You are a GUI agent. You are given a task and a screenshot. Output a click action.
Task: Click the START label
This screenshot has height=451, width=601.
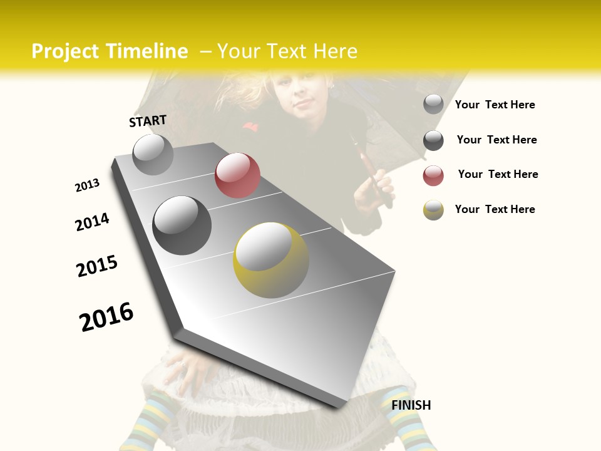pos(148,121)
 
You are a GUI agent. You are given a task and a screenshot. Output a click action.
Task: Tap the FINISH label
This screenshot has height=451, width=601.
pos(411,405)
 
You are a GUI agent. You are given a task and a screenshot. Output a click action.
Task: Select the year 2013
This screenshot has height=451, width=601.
pos(87,185)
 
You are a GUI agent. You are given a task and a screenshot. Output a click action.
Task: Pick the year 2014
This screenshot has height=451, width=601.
pos(92,222)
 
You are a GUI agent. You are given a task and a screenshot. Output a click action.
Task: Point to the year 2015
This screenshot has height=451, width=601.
pos(97,266)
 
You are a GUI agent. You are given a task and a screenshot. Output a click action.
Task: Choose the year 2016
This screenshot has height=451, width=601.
pos(106,316)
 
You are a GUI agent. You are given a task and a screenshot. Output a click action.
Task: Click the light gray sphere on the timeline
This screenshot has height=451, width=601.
pos(153,154)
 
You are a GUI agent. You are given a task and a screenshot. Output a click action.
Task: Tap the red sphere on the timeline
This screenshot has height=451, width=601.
pos(237,175)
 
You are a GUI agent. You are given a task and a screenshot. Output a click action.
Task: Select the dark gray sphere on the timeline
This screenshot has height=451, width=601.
pos(182,225)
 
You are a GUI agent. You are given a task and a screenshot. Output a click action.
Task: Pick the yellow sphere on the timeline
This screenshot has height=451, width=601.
pos(271,260)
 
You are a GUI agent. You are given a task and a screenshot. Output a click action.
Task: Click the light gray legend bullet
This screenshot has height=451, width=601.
pos(433,104)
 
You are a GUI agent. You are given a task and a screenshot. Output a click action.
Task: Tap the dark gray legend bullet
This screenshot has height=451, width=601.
pos(433,140)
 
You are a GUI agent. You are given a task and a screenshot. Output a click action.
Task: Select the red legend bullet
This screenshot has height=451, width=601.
pos(433,175)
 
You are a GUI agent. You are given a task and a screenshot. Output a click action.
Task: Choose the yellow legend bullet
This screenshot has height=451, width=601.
pos(433,210)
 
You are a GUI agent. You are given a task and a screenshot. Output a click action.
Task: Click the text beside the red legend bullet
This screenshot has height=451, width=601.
pos(498,174)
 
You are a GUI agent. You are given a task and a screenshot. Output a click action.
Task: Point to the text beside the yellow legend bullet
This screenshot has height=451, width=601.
pos(495,209)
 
